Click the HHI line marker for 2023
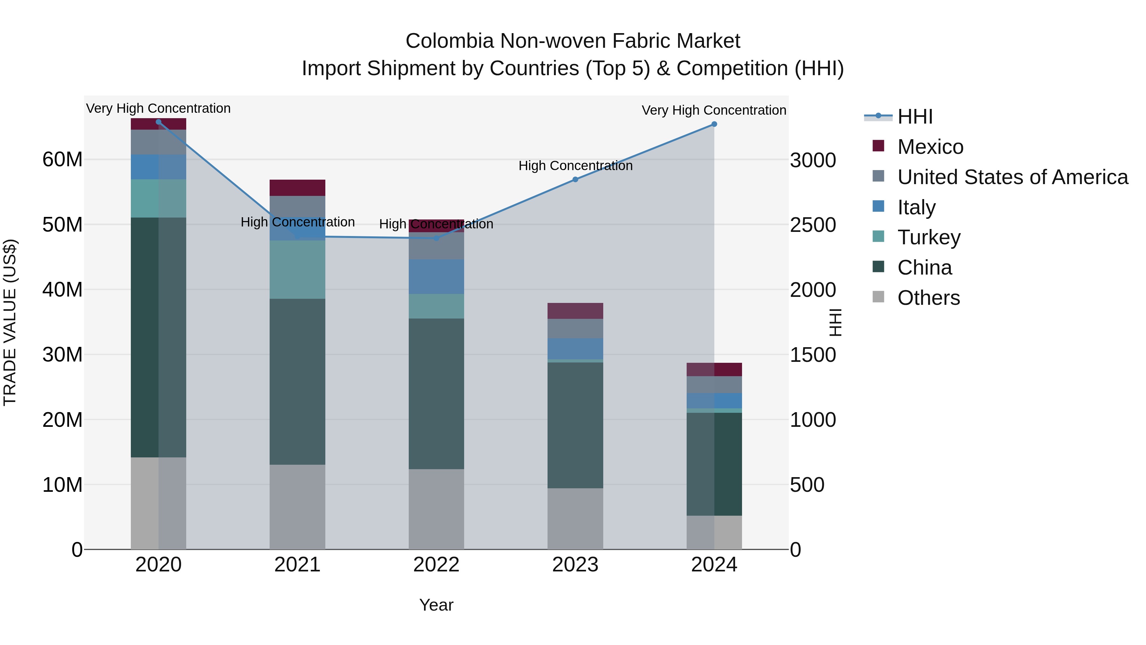pos(575,179)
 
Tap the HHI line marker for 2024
pos(714,124)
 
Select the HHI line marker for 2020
pos(159,122)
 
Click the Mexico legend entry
pos(930,147)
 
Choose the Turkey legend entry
pos(929,237)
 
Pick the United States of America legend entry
pos(1012,177)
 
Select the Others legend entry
pos(929,298)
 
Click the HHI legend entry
pos(915,117)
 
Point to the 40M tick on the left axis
pos(62,290)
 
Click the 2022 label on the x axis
pos(436,565)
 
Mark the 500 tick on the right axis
pos(807,485)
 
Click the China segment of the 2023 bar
pos(575,425)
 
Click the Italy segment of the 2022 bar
pos(436,276)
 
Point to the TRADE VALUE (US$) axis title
pos(10,322)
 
